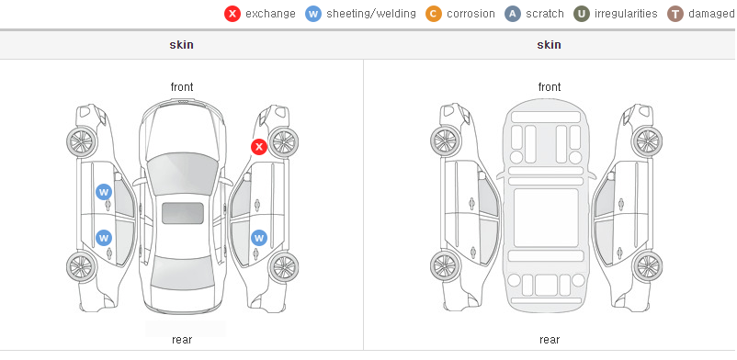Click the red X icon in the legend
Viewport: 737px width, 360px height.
tap(232, 14)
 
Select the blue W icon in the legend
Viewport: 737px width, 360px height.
tap(313, 14)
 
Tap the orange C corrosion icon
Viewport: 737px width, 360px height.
tap(434, 14)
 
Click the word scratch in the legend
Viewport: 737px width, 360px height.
tap(545, 14)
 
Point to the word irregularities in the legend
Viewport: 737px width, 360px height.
tap(626, 14)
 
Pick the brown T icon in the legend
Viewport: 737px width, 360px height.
tap(675, 14)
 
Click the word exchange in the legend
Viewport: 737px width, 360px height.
tap(270, 14)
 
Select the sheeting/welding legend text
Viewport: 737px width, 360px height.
tap(371, 14)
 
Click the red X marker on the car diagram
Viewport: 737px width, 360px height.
tap(259, 147)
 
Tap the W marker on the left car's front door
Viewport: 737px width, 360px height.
tap(104, 192)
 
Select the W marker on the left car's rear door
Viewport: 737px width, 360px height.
tap(104, 238)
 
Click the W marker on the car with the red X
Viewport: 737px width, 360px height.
tap(259, 238)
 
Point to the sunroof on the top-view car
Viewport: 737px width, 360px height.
tap(183, 213)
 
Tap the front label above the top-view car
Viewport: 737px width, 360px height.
tap(182, 87)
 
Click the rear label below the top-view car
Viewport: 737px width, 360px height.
tap(182, 340)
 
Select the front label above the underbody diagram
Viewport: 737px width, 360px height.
tap(550, 87)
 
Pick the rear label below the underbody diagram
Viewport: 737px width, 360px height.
tap(550, 340)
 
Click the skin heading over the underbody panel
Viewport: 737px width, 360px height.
tap(549, 45)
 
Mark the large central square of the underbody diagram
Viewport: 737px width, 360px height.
tap(546, 218)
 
